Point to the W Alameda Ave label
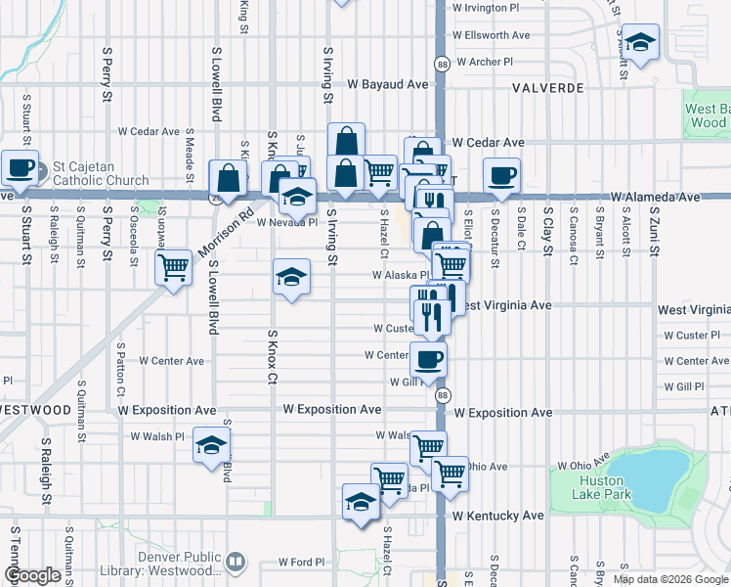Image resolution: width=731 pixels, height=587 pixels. [x=656, y=197]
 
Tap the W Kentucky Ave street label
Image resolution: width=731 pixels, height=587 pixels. [x=498, y=515]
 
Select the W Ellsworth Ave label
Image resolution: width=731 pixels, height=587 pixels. [x=491, y=35]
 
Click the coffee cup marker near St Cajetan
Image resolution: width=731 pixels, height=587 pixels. [x=21, y=167]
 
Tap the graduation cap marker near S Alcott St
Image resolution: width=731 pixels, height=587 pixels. [x=640, y=42]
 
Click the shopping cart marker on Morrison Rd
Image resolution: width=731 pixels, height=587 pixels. [x=173, y=266]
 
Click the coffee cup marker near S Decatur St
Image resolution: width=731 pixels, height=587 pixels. [x=501, y=175]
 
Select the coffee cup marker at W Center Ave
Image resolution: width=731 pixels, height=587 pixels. [x=429, y=358]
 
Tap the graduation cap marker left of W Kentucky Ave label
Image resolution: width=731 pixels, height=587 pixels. [x=361, y=502]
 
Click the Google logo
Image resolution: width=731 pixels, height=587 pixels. [x=32, y=575]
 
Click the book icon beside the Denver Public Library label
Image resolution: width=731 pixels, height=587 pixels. [x=236, y=563]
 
